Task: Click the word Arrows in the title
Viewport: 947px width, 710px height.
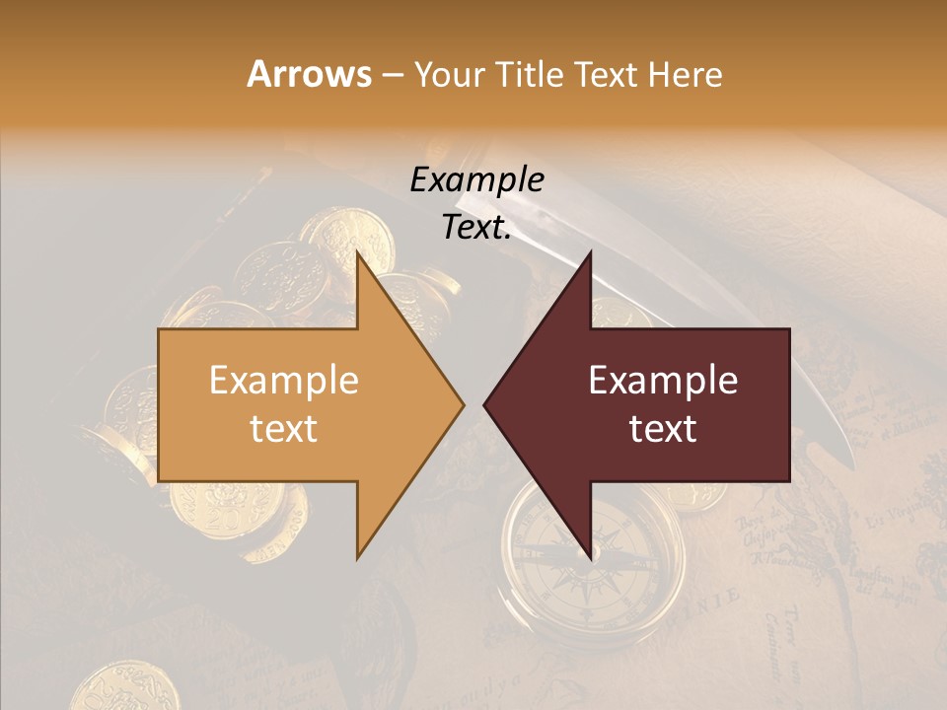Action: [310, 74]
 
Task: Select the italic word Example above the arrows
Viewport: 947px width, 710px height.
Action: [476, 179]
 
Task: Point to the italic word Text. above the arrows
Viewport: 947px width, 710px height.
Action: [476, 227]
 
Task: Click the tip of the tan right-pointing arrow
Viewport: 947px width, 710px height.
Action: [463, 404]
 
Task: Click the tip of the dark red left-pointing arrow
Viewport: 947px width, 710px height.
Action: [485, 404]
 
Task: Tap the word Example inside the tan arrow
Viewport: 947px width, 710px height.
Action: [284, 381]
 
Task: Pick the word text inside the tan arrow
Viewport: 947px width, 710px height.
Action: [284, 428]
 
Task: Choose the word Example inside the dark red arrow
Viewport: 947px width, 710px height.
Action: [663, 381]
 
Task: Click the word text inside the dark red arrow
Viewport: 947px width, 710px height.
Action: [663, 428]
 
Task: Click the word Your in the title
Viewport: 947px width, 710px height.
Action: [444, 74]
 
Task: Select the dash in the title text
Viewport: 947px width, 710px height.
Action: [392, 75]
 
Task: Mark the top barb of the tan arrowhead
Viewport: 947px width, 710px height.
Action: [358, 254]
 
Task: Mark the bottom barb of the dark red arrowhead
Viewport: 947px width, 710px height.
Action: [591, 556]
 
